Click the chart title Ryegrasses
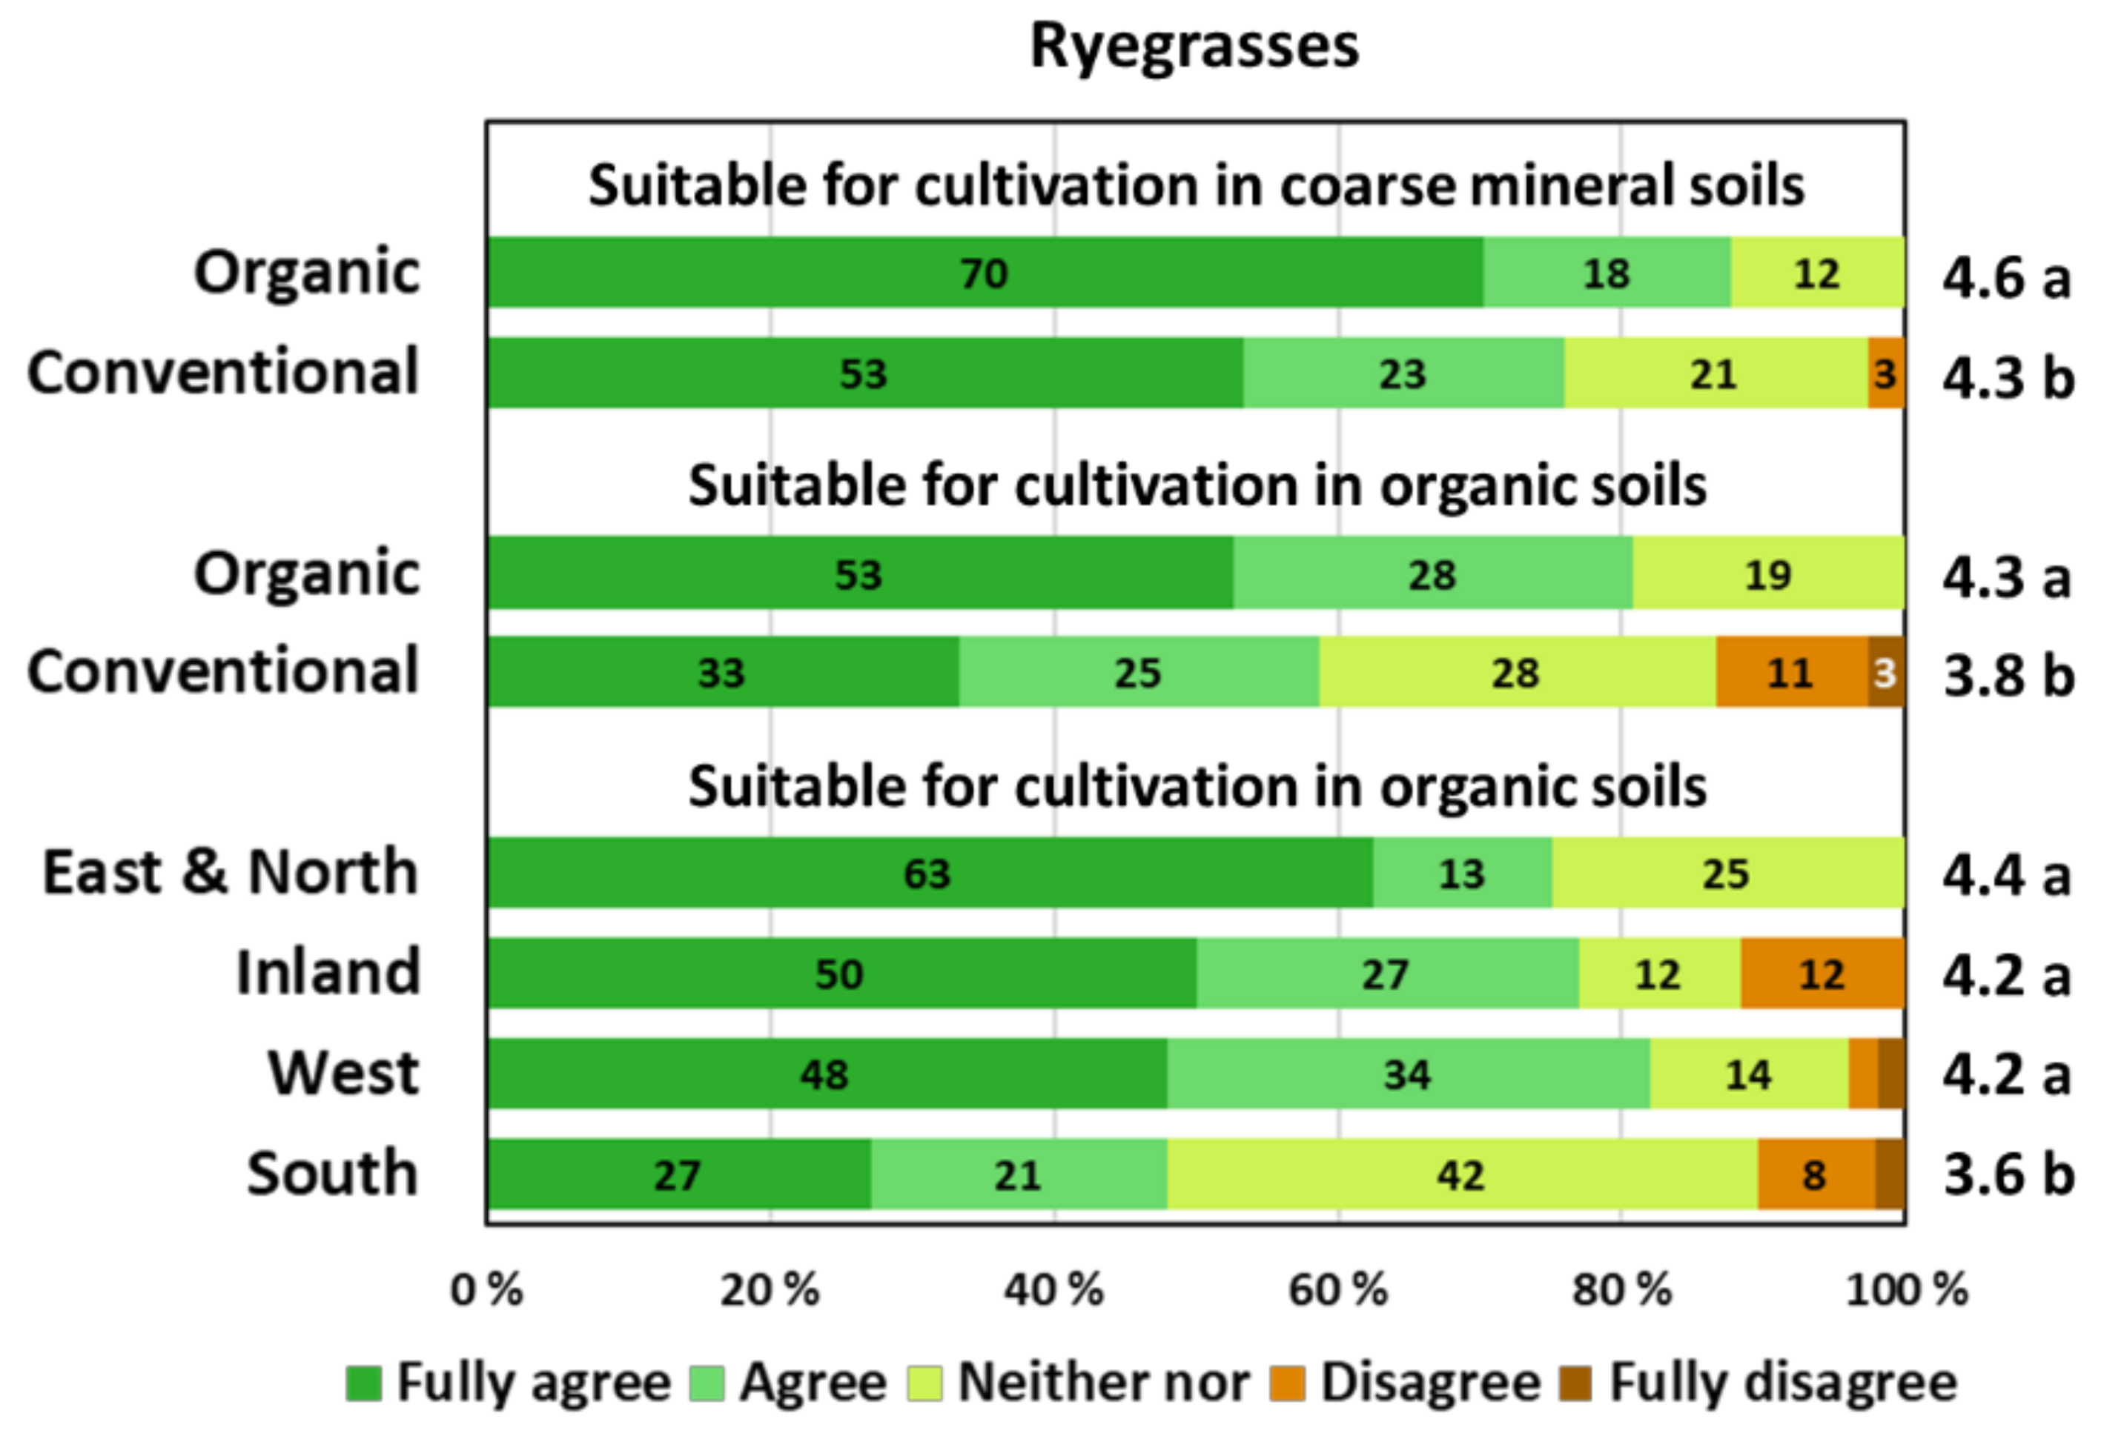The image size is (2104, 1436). tap(1194, 46)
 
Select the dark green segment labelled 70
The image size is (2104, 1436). tap(984, 273)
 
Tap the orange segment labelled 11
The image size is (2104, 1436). tap(1790, 672)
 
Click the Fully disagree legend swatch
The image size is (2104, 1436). tap(1576, 1383)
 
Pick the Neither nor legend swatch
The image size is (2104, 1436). tap(924, 1383)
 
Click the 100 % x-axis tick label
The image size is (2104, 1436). tap(1907, 1290)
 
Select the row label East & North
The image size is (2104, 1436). tap(231, 872)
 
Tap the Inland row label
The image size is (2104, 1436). tap(328, 973)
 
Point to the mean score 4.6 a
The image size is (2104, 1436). tap(2006, 278)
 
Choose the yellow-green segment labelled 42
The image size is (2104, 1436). tap(1461, 1174)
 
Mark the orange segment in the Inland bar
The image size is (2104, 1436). tap(1822, 974)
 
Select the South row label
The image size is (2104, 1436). tap(332, 1174)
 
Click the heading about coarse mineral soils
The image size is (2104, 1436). tap(1196, 185)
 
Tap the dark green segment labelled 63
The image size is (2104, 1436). tap(928, 873)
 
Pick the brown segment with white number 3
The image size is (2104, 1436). tap(1886, 672)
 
